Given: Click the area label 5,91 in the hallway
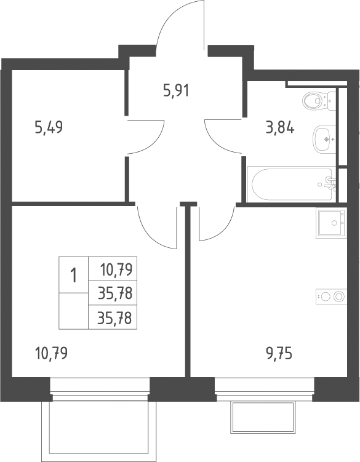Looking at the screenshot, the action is tap(176, 90).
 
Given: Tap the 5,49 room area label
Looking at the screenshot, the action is tap(49, 128).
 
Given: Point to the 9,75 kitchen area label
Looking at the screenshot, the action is tap(279, 354).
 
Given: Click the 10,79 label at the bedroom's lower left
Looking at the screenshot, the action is tap(51, 353).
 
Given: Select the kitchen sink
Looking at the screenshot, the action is tap(331, 223).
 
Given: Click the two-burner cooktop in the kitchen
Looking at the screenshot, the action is tap(331, 297).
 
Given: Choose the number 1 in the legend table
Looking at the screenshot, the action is tap(73, 276).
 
